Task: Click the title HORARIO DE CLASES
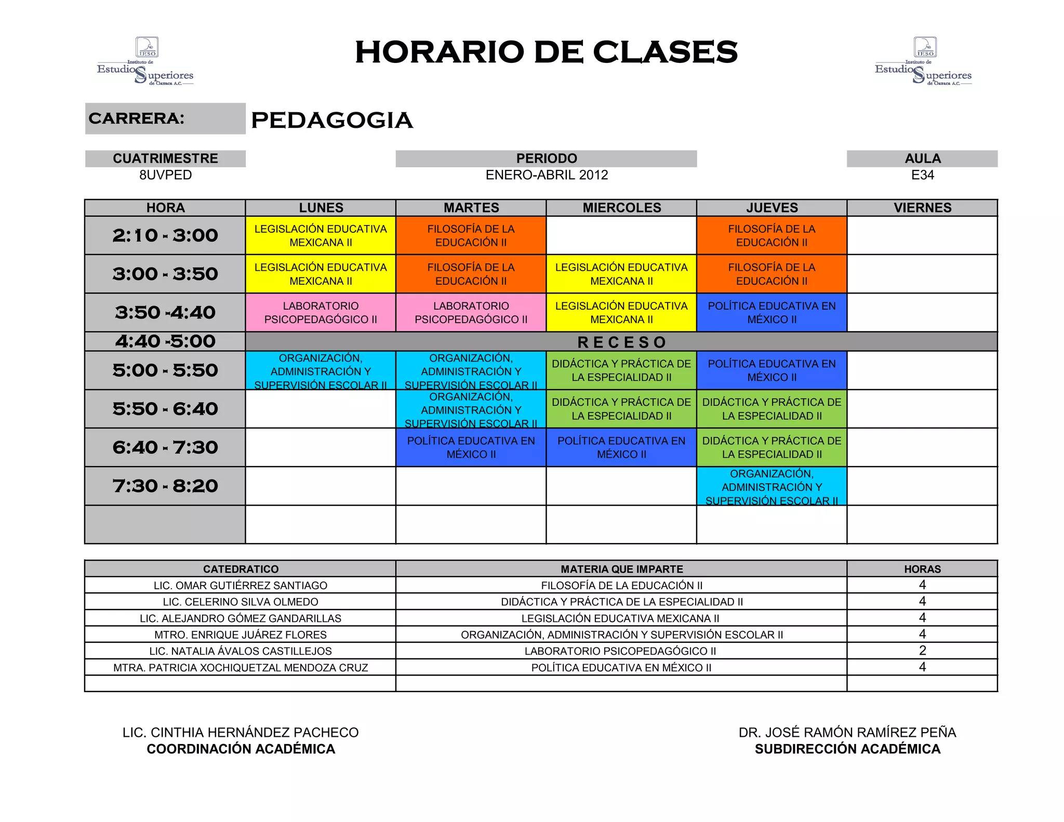(546, 52)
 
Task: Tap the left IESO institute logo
(146, 61)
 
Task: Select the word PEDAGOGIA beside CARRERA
(331, 120)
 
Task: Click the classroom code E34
(922, 175)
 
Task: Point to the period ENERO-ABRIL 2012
(547, 175)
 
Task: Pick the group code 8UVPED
(165, 175)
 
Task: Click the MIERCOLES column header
(621, 208)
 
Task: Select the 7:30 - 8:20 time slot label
(165, 486)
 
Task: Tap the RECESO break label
(621, 342)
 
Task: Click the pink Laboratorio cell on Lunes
(321, 312)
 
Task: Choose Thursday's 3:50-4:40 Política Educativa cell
(772, 312)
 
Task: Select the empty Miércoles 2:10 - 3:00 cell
(621, 235)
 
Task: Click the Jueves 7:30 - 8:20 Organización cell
(772, 486)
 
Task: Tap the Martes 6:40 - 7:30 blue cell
(471, 447)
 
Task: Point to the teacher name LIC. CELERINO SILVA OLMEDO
(240, 602)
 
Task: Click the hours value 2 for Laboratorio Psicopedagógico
(922, 651)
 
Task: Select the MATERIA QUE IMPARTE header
(621, 569)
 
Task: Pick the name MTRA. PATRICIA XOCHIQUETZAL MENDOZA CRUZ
(240, 668)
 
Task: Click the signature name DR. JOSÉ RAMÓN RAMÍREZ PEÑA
(847, 733)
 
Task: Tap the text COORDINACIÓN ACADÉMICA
(241, 749)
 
